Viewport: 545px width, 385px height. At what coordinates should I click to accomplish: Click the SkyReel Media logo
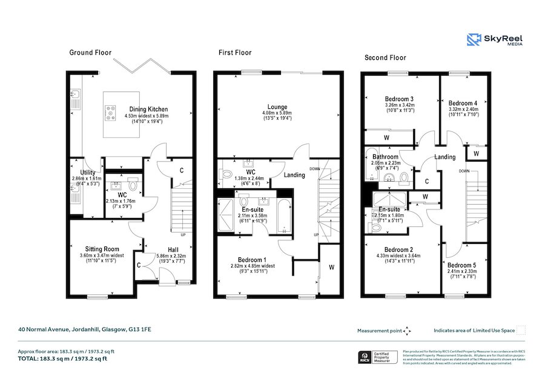(x=495, y=40)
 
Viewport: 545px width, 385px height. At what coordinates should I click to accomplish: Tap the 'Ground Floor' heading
(x=90, y=53)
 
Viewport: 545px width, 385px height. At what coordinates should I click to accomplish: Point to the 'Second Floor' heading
(x=385, y=58)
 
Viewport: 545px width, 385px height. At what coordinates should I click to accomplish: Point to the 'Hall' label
(x=173, y=249)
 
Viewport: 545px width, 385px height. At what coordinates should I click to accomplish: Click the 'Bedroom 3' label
(x=399, y=99)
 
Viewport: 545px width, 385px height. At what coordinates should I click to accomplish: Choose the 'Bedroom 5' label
(x=462, y=265)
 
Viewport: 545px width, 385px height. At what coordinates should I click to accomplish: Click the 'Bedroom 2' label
(x=399, y=250)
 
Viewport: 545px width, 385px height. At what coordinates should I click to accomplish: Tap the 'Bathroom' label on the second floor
(x=385, y=156)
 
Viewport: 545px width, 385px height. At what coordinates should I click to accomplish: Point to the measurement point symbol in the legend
(x=408, y=331)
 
